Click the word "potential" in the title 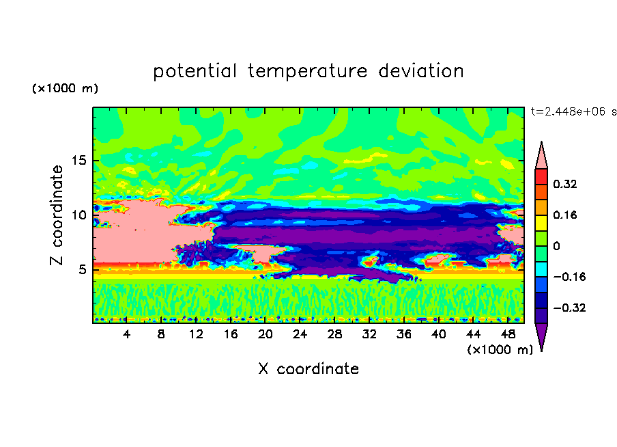pos(195,72)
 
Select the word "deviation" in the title pos(421,71)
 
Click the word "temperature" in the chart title pos(308,72)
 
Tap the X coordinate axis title pos(308,369)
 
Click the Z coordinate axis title pos(57,215)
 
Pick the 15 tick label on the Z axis pos(78,161)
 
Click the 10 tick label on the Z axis pos(78,215)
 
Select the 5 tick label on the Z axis pos(82,269)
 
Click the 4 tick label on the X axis pos(126,334)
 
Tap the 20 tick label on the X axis pos(265,334)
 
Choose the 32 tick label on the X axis pos(369,334)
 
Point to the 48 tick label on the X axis pos(508,334)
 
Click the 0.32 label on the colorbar pos(565,184)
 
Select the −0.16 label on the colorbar pos(569,277)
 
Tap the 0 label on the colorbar pos(556,246)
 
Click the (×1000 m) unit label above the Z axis pos(65,88)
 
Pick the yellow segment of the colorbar pos(541,223)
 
